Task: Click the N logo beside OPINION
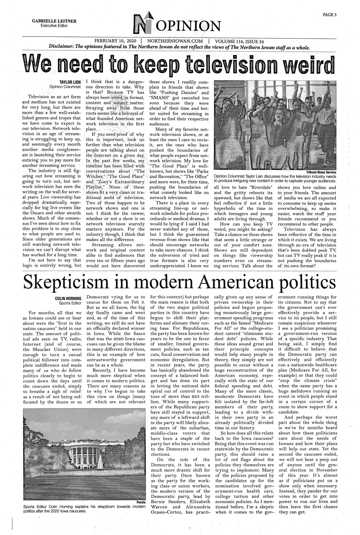(141, 24)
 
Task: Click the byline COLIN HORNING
(68, 298)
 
